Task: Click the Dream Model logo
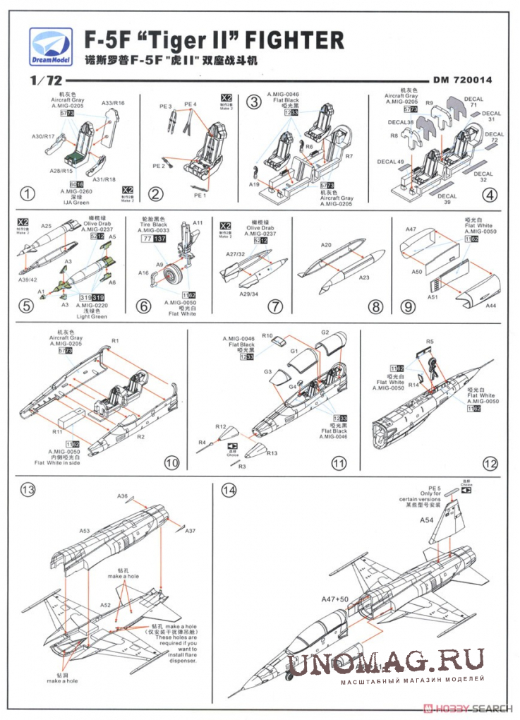pyautogui.click(x=50, y=44)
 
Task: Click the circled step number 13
pyautogui.click(x=28, y=489)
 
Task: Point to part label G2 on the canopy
pyautogui.click(x=326, y=332)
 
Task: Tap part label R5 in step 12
pyautogui.click(x=430, y=341)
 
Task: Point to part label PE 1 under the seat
pyautogui.click(x=200, y=194)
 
